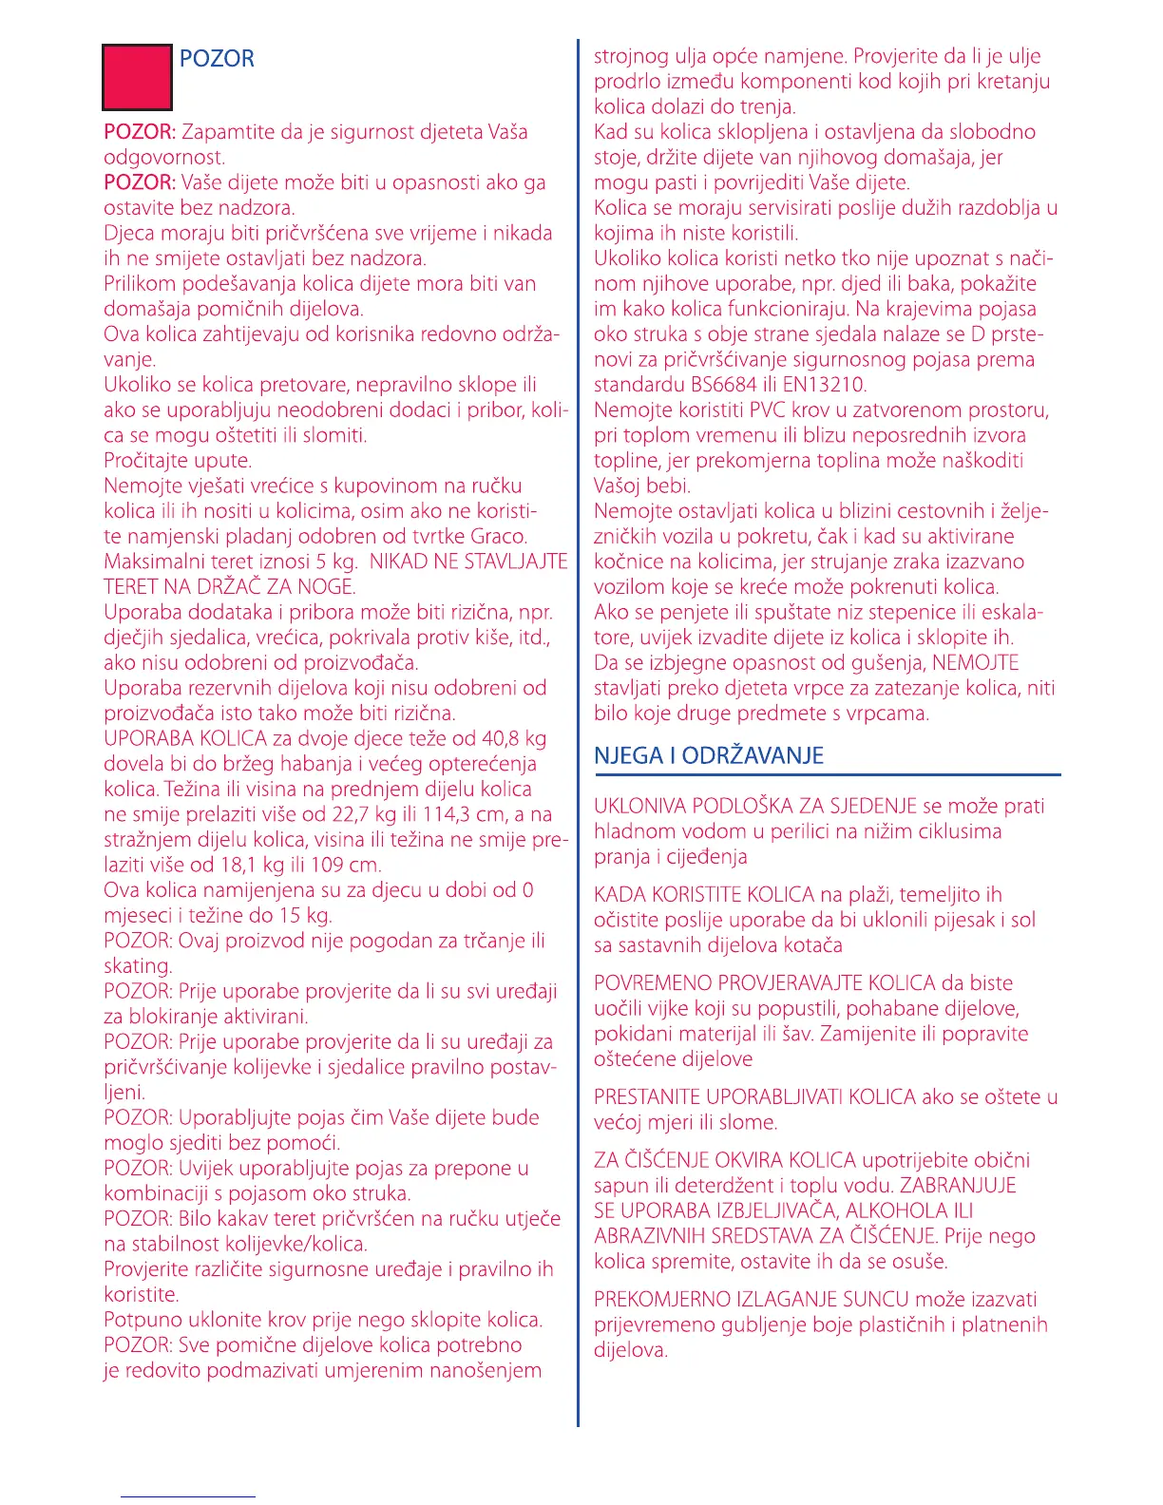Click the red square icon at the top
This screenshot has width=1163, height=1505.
tap(137, 76)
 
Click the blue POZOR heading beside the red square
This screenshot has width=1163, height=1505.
tap(217, 59)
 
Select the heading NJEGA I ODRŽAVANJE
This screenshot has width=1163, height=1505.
tap(709, 756)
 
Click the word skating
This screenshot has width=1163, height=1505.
tap(137, 967)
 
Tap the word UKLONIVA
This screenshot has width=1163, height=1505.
tap(639, 807)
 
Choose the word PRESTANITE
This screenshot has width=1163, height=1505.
tap(647, 1097)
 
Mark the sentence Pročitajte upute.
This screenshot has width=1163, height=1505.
tap(178, 461)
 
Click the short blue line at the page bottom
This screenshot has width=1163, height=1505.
tap(187, 1497)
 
